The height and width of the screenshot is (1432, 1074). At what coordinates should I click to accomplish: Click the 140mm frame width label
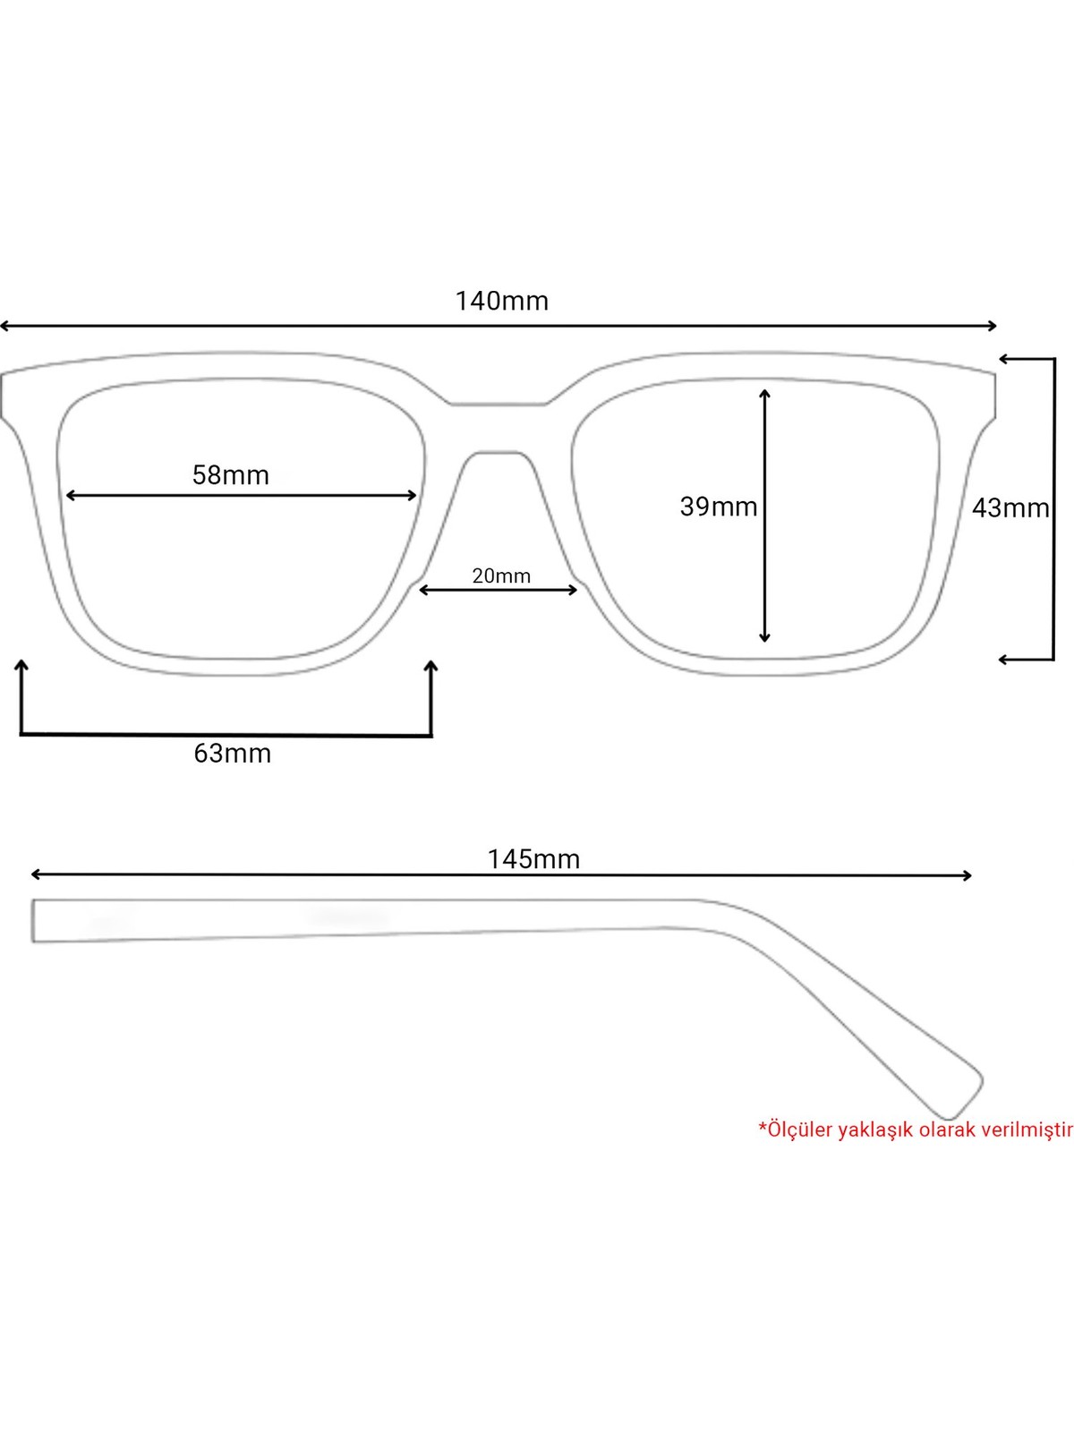(501, 302)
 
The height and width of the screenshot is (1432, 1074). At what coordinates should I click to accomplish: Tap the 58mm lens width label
(231, 475)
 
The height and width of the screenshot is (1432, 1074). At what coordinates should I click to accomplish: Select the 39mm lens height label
(719, 507)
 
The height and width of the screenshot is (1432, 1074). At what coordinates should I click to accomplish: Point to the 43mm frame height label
(1010, 507)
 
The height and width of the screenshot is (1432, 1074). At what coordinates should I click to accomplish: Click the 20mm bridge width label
(501, 576)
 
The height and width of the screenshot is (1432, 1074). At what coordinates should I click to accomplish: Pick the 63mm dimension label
(232, 754)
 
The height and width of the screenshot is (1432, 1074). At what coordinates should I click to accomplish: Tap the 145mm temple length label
(533, 859)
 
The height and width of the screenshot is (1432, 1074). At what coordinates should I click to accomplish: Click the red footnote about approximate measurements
(916, 1129)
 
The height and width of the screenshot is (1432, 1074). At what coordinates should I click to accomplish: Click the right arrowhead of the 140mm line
(993, 326)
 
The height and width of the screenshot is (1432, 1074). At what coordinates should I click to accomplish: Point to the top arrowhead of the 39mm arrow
(765, 393)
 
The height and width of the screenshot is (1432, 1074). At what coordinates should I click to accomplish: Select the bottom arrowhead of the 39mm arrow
(765, 638)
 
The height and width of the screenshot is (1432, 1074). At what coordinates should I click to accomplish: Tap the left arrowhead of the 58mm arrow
(71, 496)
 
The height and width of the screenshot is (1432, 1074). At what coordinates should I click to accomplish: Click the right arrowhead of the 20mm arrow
(573, 591)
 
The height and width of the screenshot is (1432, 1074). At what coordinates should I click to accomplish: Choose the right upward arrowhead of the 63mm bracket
(430, 666)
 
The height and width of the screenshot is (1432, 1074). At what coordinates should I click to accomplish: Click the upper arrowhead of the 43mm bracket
(1004, 358)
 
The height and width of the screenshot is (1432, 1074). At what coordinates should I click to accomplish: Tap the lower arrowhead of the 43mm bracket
(1004, 660)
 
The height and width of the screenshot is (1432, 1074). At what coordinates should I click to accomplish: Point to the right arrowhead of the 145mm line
(967, 875)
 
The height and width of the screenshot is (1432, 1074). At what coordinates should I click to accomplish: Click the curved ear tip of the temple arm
(964, 1096)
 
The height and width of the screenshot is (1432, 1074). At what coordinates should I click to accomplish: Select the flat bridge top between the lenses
(499, 405)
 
